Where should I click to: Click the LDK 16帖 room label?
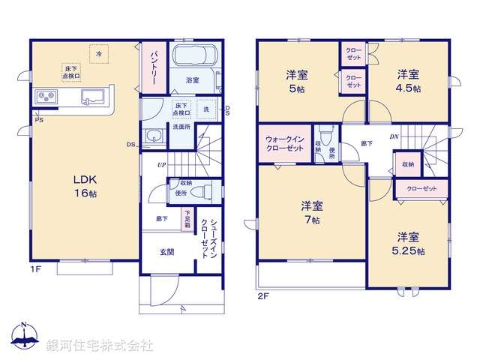pos(85,187)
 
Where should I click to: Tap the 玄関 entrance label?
pos(166,253)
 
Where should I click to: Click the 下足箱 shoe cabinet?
pos(188,219)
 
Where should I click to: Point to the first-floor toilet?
pos(198,192)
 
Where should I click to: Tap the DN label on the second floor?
pos(393,137)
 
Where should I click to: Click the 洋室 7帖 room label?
pos(311,212)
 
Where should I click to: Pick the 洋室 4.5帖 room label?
pos(408,80)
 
